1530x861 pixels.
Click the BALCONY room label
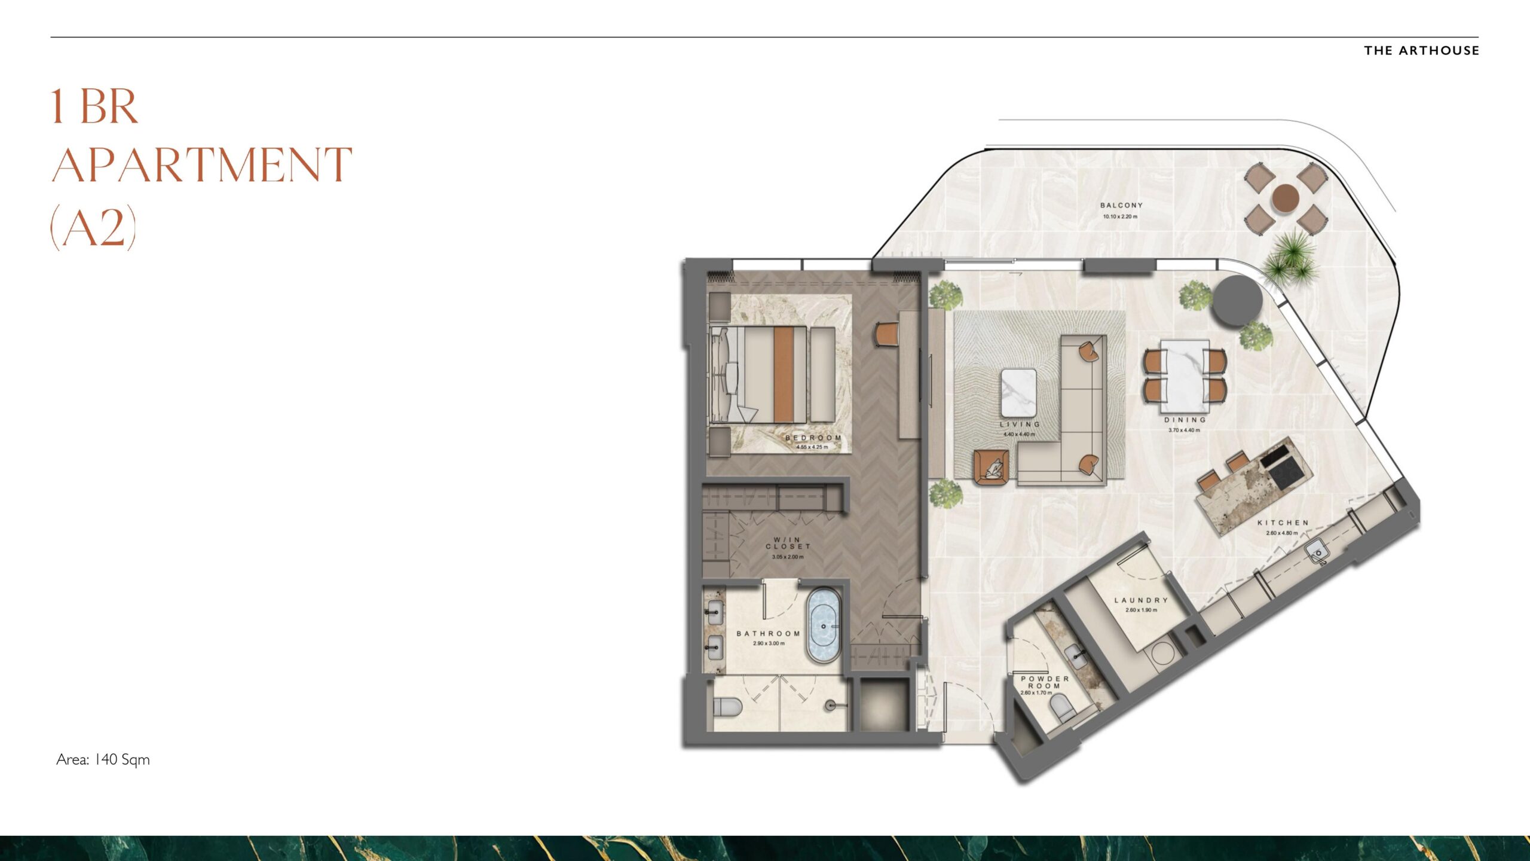(1121, 205)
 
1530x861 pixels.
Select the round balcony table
(1285, 199)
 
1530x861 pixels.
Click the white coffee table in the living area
(1019, 392)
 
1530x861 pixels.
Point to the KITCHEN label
(1283, 523)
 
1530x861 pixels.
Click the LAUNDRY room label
(1141, 600)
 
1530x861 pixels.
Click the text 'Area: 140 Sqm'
(103, 759)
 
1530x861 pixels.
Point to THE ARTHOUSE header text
(1421, 51)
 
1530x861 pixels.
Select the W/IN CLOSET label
(788, 543)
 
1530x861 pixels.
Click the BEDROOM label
(813, 438)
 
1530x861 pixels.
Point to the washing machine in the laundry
(1163, 654)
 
